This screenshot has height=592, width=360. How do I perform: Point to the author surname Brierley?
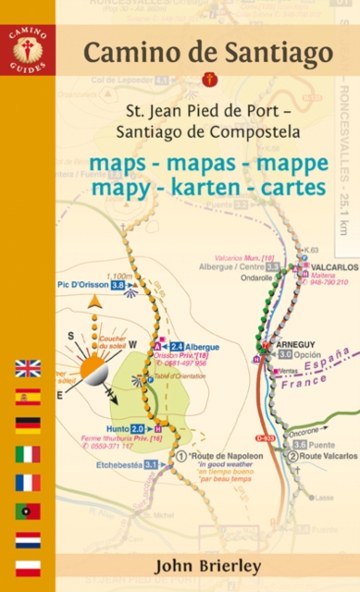(216, 563)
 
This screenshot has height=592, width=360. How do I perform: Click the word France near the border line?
(298, 378)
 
